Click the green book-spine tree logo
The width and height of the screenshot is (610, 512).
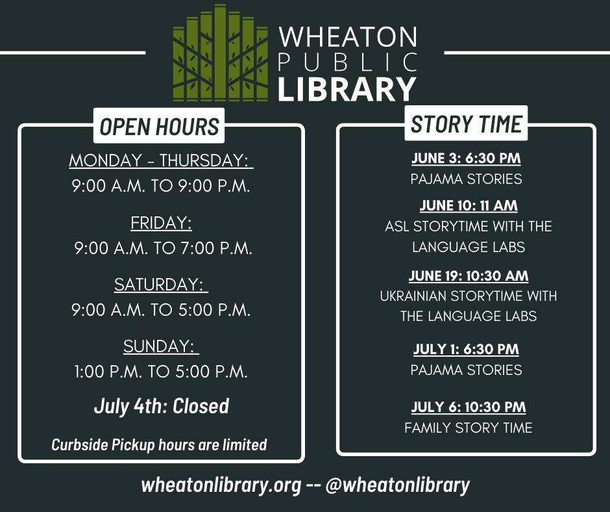pyautogui.click(x=221, y=53)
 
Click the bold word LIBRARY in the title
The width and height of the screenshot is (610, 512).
pyautogui.click(x=347, y=89)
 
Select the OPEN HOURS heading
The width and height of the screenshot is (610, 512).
pyautogui.click(x=159, y=126)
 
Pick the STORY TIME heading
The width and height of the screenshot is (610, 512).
pyautogui.click(x=466, y=124)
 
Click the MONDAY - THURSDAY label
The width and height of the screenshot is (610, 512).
pyautogui.click(x=161, y=160)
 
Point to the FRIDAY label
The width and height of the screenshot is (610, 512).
pyautogui.click(x=161, y=223)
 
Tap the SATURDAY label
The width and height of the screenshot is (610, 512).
pyautogui.click(x=161, y=285)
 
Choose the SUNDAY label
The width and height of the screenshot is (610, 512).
pyautogui.click(x=161, y=346)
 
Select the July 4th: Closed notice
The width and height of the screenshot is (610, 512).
pyautogui.click(x=162, y=406)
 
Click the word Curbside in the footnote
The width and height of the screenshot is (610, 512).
pyautogui.click(x=80, y=444)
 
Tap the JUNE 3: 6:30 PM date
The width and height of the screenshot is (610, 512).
pyautogui.click(x=466, y=158)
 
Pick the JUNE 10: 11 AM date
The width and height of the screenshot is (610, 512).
pyautogui.click(x=469, y=206)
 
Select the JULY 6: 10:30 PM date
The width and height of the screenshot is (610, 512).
pyautogui.click(x=469, y=407)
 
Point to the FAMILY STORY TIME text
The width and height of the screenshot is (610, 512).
pyautogui.click(x=469, y=428)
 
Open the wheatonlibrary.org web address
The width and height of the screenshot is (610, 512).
pyautogui.click(x=221, y=485)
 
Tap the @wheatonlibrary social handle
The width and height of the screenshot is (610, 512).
pyautogui.click(x=397, y=485)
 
